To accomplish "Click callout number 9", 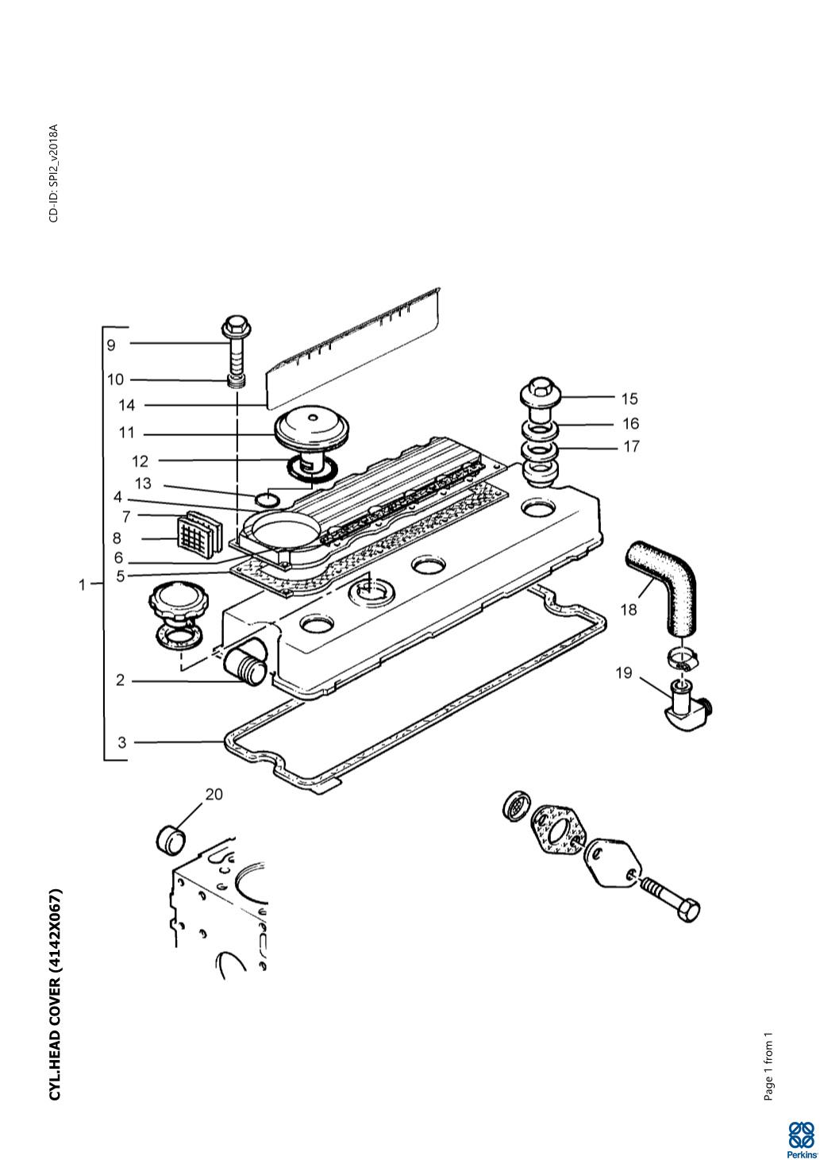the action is point(111,345).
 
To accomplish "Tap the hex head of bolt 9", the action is point(236,325).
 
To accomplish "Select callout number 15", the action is point(629,399).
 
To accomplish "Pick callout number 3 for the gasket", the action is point(121,742).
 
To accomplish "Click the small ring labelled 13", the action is point(268,499).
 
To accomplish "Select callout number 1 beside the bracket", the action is point(82,584).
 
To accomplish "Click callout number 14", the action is point(126,405).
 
